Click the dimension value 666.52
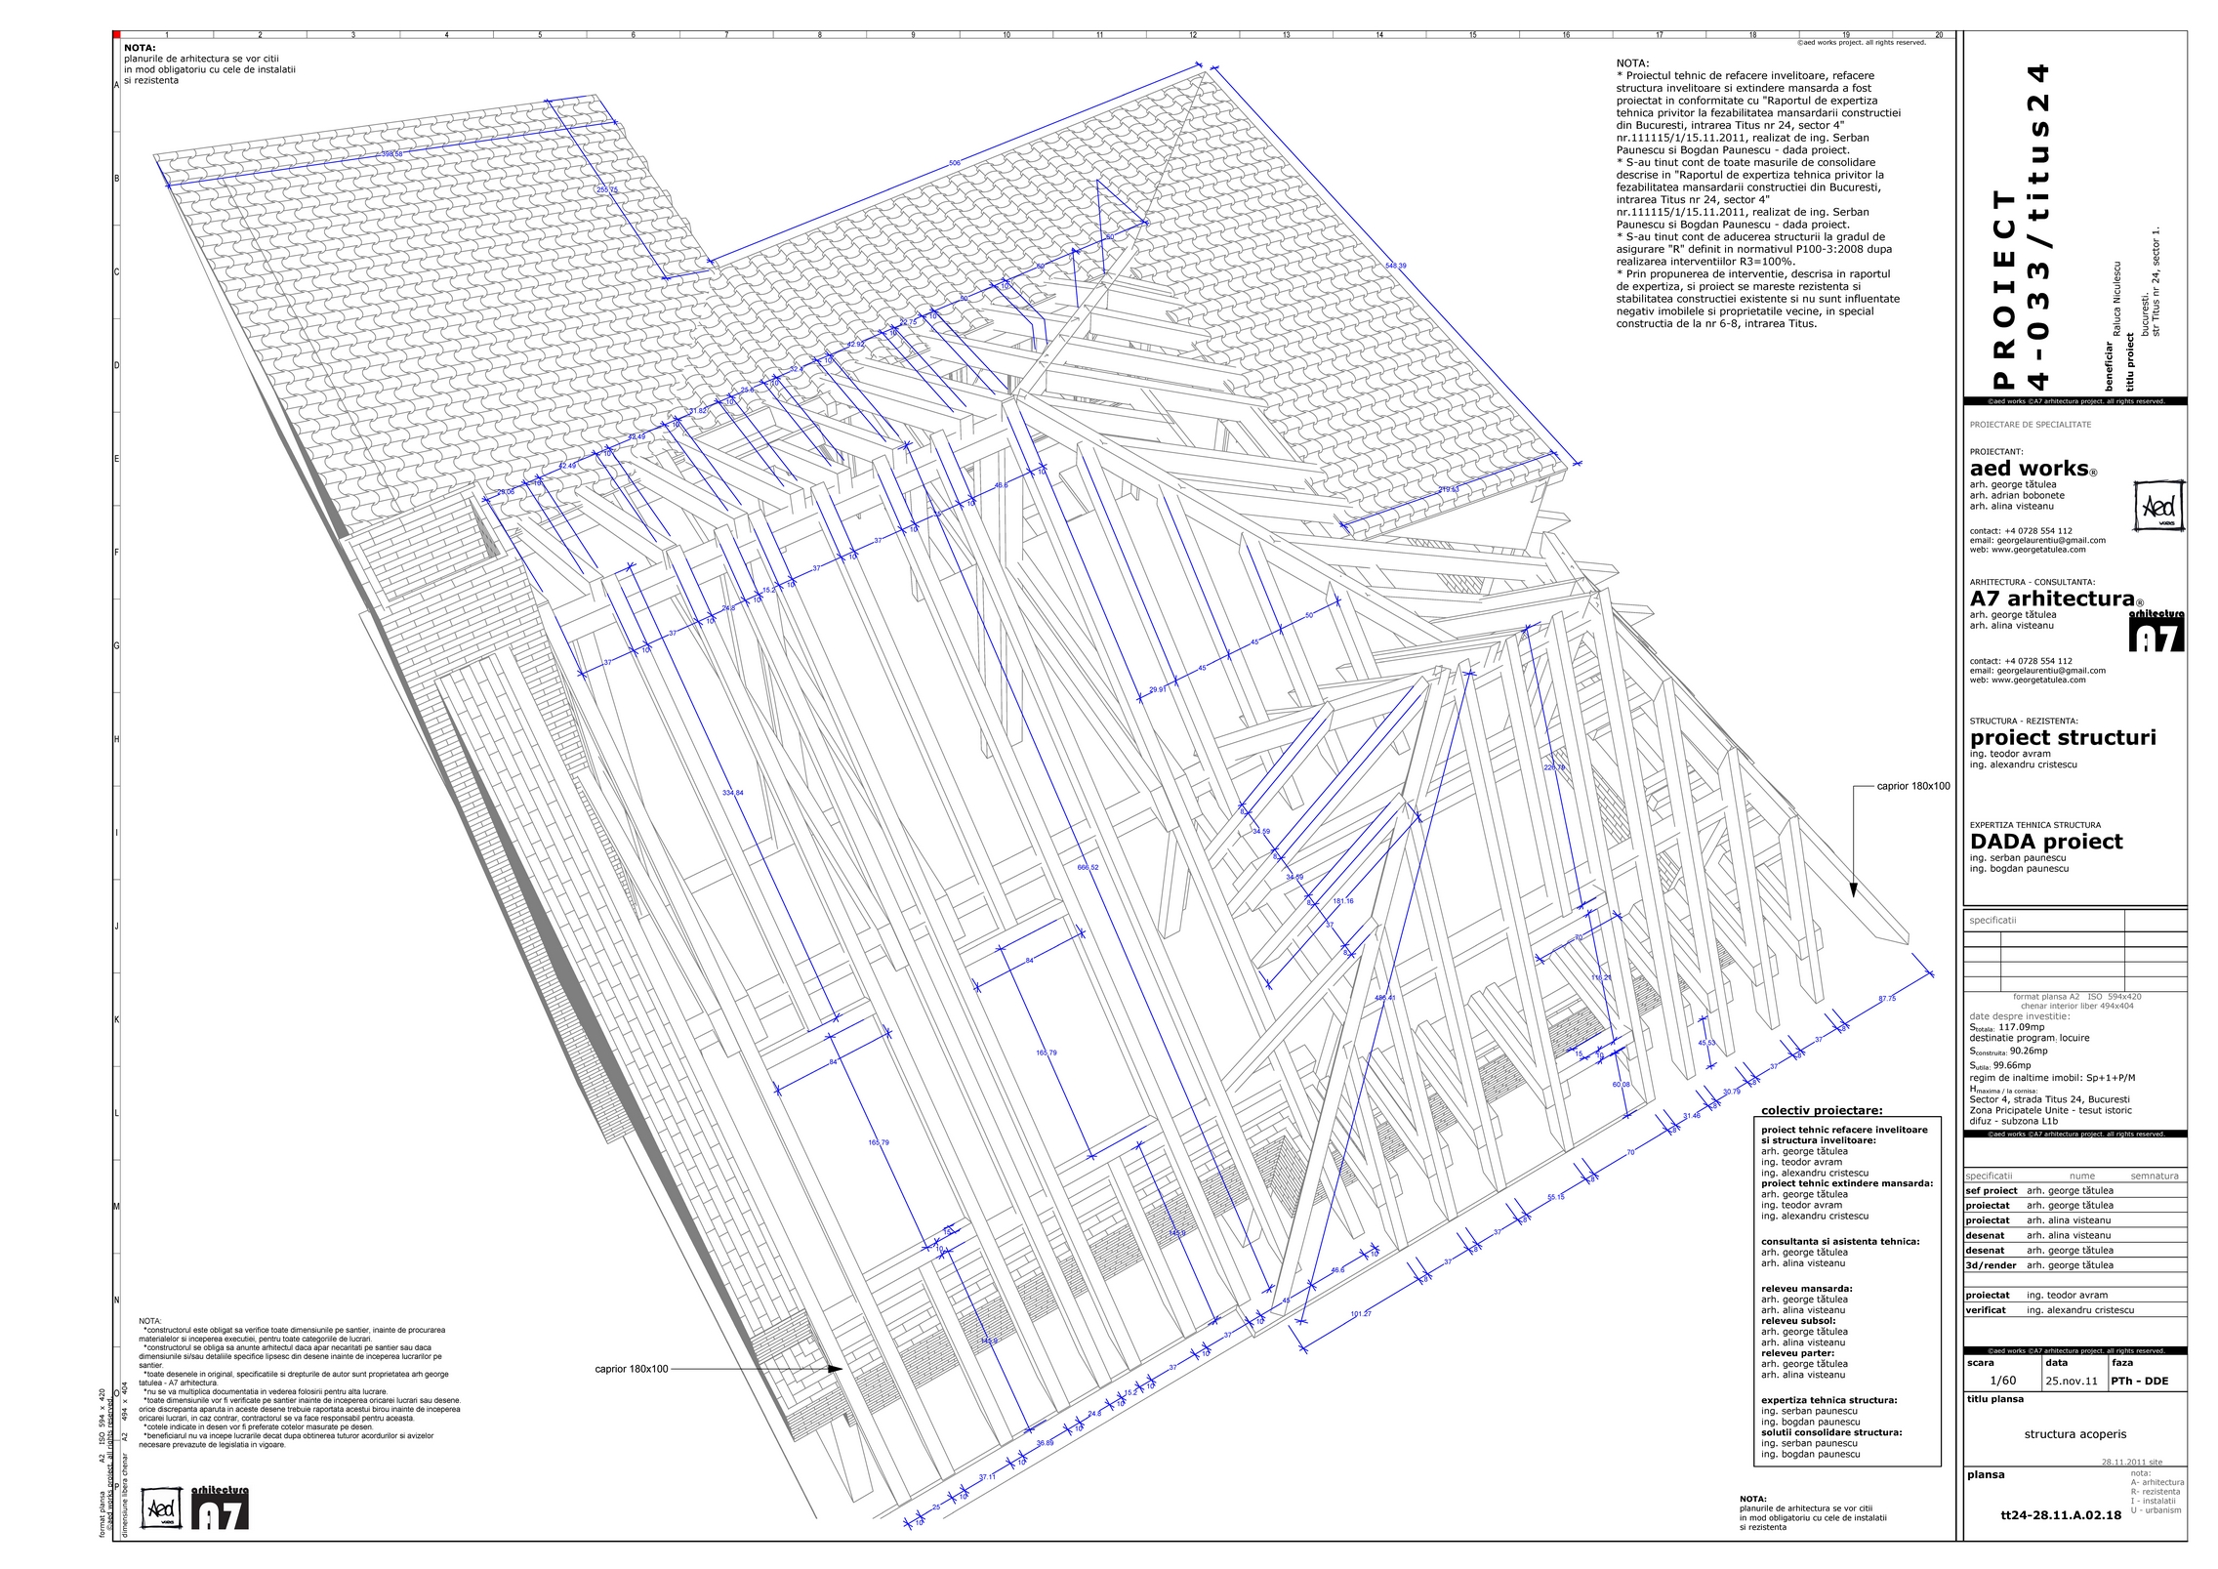[1088, 867]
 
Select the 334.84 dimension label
[732, 793]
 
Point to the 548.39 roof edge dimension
[1396, 266]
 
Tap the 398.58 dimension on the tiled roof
[391, 154]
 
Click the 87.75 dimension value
[1887, 999]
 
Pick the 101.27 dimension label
[1361, 1314]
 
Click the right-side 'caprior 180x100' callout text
[1913, 786]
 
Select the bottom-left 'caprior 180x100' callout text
[632, 1369]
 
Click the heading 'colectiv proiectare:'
[1822, 1110]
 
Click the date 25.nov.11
[2071, 1382]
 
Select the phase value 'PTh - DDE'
[2138, 1382]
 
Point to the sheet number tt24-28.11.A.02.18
[2061, 1515]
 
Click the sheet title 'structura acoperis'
[2074, 1434]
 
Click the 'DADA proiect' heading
[2046, 842]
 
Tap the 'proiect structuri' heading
[2063, 738]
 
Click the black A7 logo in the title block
[2156, 633]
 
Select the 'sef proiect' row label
[1992, 1191]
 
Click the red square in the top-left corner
[117, 35]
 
